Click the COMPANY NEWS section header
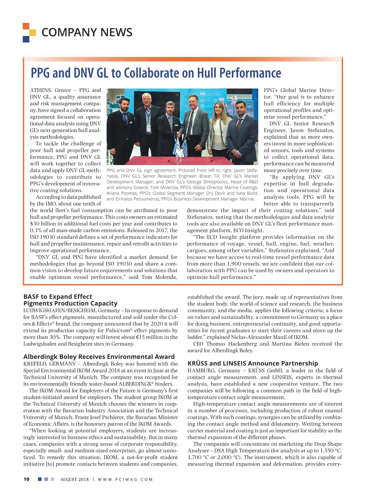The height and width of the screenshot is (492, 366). point(87,32)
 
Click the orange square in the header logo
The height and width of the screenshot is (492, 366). point(26,26)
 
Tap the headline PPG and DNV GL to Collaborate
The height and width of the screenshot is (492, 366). point(156,73)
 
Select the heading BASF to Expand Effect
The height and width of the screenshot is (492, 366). point(58,296)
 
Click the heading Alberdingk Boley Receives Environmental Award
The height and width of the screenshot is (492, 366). point(99,357)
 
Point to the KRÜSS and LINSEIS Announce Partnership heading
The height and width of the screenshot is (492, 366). point(253,363)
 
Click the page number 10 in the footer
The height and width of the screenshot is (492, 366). point(27,479)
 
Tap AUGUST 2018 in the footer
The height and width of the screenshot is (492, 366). point(74,479)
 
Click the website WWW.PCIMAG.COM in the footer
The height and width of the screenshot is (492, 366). point(125,479)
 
